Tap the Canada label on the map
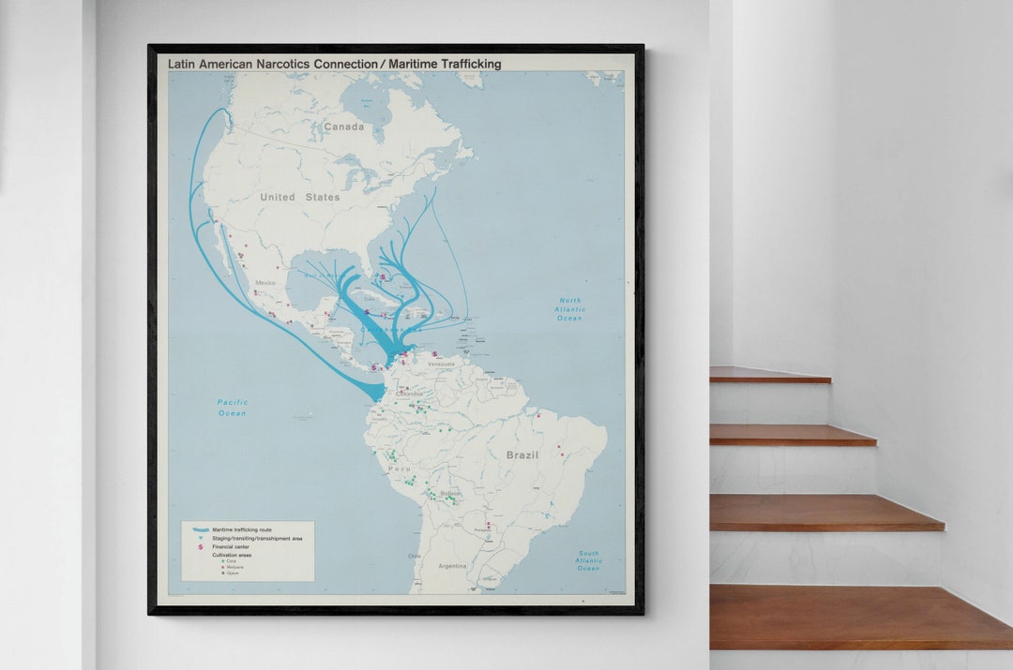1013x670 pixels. click(x=343, y=127)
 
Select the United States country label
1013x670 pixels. click(x=300, y=198)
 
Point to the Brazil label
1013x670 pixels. click(x=522, y=454)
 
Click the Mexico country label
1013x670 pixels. click(x=265, y=282)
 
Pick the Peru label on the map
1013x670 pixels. click(x=400, y=469)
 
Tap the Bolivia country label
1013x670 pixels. click(x=450, y=493)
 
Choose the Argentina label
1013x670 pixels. click(x=453, y=566)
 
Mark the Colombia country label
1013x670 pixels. click(x=409, y=394)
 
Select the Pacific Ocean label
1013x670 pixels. click(x=232, y=408)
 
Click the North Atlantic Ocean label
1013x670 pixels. click(x=569, y=309)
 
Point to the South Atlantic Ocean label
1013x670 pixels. click(x=588, y=560)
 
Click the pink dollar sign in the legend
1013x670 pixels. click(x=200, y=546)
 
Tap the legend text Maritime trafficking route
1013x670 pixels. click(x=242, y=530)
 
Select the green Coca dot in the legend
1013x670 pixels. click(x=222, y=560)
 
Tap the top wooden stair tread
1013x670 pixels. click(x=769, y=375)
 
